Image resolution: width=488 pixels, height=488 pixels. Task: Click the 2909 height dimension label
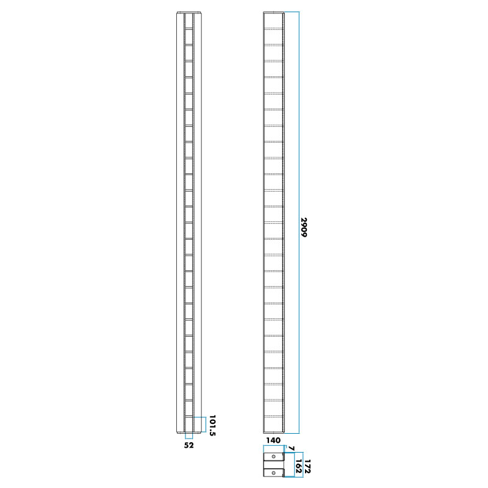pyautogui.click(x=304, y=227)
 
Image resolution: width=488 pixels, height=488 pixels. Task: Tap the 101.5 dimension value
pyautogui.click(x=213, y=426)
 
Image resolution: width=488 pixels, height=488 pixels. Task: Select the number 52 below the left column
pyautogui.click(x=188, y=446)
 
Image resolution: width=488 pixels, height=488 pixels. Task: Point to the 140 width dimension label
pyautogui.click(x=273, y=440)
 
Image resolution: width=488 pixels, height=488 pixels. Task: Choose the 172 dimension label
pyautogui.click(x=307, y=468)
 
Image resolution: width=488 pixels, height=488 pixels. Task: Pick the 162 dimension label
pyautogui.click(x=298, y=468)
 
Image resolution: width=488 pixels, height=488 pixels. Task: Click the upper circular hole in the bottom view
pyautogui.click(x=274, y=457)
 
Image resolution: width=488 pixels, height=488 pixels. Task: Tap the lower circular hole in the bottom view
pyautogui.click(x=274, y=472)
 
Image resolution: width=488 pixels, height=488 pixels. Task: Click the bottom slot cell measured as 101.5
pyautogui.click(x=188, y=425)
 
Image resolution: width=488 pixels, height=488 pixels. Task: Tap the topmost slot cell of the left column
pyautogui.click(x=188, y=20)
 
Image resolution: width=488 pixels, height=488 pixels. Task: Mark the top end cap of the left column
pyautogui.click(x=188, y=13)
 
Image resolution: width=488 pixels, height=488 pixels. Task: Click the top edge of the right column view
pyautogui.click(x=274, y=12)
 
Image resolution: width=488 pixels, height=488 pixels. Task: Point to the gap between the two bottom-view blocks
pyautogui.click(x=274, y=465)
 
